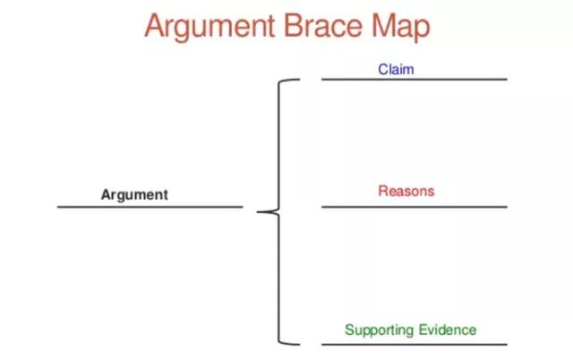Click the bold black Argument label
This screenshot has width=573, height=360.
click(134, 194)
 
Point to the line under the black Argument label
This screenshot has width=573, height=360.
click(150, 207)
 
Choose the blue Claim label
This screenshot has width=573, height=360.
click(396, 69)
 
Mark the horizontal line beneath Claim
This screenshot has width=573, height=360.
click(414, 80)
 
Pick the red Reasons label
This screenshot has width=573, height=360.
click(406, 191)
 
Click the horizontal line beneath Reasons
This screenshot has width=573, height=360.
click(414, 207)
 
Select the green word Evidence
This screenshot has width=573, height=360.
click(446, 330)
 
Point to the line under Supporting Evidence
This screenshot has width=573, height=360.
click(414, 344)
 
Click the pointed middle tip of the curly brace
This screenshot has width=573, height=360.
click(259, 212)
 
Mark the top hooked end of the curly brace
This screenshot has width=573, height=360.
click(296, 80)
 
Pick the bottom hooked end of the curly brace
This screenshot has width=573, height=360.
click(296, 343)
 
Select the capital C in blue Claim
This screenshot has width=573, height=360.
click(382, 69)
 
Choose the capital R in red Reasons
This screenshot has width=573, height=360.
click(382, 191)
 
